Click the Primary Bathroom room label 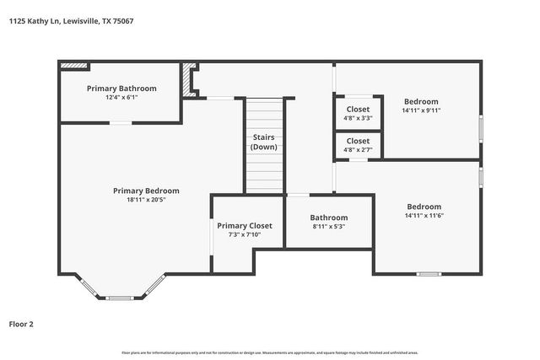pos(121,88)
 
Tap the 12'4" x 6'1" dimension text pos(121,97)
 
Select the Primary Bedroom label pos(146,191)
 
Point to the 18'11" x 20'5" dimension pos(146,200)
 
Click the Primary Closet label pos(245,225)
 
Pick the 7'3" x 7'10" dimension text pos(245,234)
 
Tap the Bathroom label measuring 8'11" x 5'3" pos(329,217)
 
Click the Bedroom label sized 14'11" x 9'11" pos(421,100)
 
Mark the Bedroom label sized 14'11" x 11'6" pos(424,207)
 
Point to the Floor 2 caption pos(21,323)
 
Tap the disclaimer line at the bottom pos(270,352)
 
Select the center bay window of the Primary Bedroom pos(120,298)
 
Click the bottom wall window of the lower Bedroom pos(428,273)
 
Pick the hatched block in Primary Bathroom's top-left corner pos(75,64)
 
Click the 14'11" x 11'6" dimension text pos(424,216)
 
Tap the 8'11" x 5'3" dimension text pos(329,226)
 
